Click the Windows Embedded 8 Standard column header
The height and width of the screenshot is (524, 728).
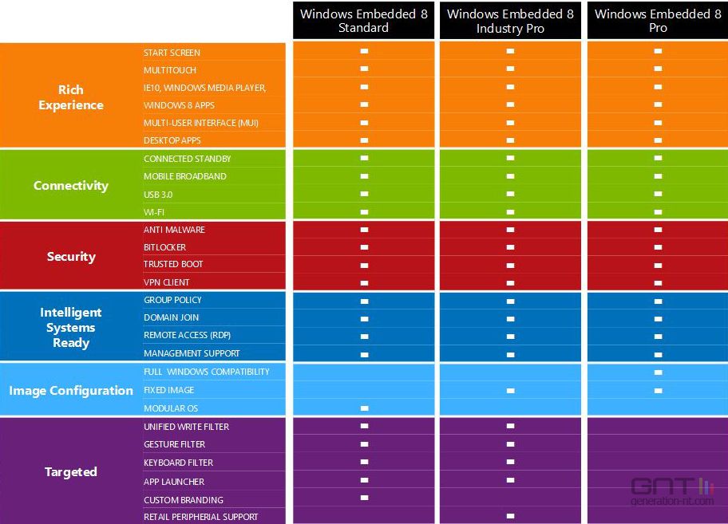364,21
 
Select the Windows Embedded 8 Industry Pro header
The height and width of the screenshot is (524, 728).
510,21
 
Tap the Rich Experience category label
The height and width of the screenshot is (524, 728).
71,97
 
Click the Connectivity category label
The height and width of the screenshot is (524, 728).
71,186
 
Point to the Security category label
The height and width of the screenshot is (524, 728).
71,257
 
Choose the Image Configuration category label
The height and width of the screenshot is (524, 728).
71,391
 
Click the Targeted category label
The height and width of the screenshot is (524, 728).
71,472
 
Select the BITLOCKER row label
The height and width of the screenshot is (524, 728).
164,247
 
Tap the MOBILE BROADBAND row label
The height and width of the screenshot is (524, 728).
184,176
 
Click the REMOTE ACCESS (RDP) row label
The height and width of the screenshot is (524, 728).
187,335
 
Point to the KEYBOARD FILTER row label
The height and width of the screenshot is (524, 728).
178,463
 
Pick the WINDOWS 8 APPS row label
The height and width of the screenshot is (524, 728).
179,105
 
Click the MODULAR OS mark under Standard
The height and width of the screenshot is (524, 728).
364,408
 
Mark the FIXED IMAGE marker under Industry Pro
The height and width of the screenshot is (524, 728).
510,391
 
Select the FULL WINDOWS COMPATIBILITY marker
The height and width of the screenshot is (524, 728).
658,372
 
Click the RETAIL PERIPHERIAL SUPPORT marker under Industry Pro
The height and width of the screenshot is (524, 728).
510,516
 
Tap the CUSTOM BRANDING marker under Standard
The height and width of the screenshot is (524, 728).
364,498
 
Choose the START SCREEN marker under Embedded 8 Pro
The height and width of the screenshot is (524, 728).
658,51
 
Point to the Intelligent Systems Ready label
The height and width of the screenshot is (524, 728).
71,328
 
